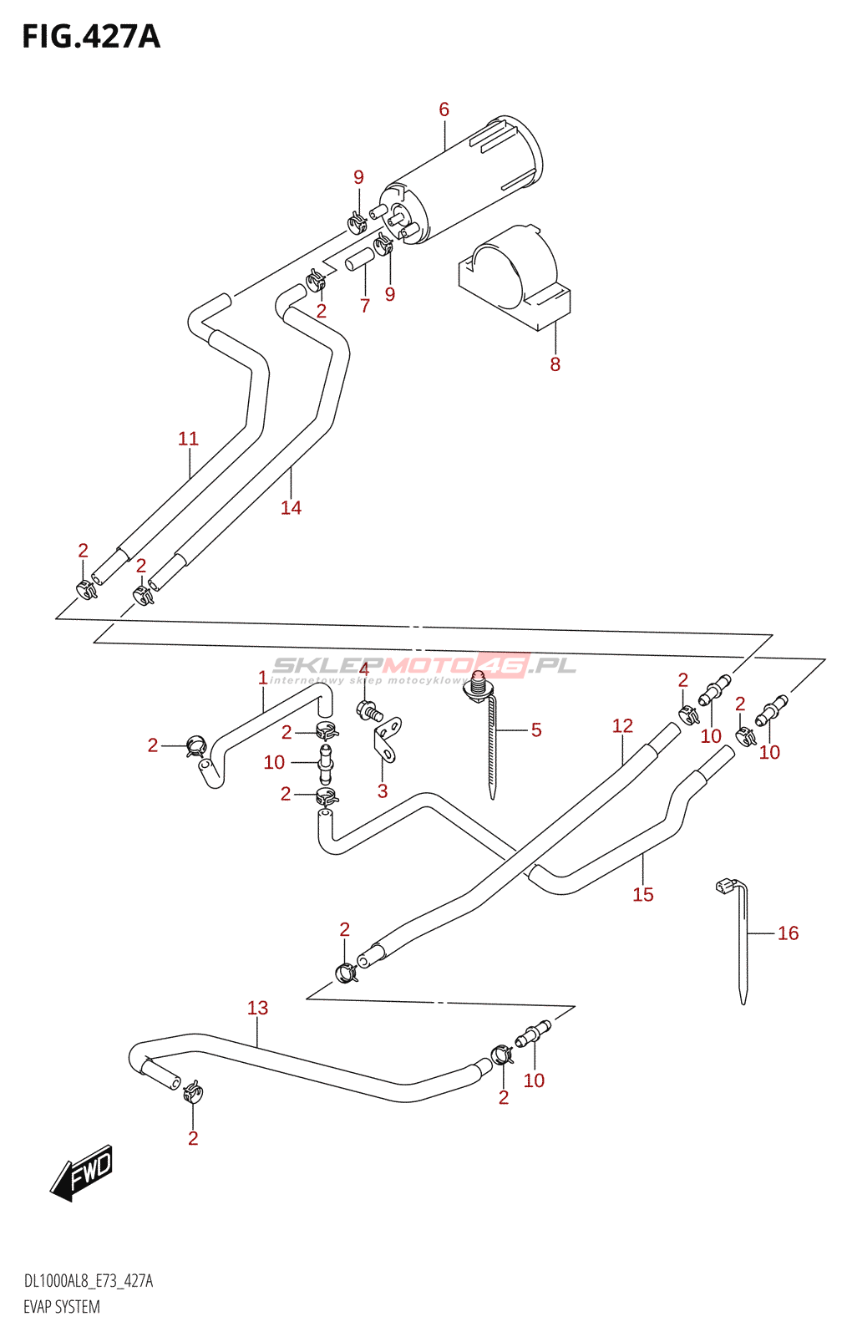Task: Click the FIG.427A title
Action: (x=90, y=37)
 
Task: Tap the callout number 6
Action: (x=444, y=109)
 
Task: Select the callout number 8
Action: (x=555, y=364)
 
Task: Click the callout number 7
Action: (x=364, y=306)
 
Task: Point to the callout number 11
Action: (x=188, y=439)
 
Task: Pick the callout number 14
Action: (x=291, y=507)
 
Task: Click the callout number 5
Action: (x=536, y=730)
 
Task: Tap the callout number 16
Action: (x=788, y=933)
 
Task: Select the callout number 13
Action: (x=257, y=1009)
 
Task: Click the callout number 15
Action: (x=642, y=895)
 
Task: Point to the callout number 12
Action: (x=622, y=726)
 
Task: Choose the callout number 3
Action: (x=383, y=791)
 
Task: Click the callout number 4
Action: (x=363, y=669)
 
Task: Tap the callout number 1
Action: (x=262, y=678)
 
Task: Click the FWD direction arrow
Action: (x=82, y=1172)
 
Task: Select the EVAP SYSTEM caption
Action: (x=61, y=1307)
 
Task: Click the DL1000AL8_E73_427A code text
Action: (x=88, y=1282)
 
